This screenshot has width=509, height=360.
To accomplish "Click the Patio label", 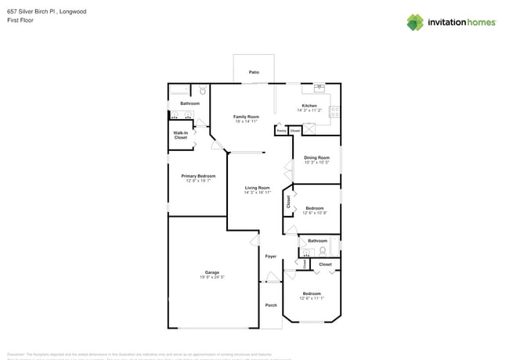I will tap(254, 72).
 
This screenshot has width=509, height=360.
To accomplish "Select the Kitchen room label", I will tap(309, 106).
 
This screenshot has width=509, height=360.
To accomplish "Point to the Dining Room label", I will tap(316, 158).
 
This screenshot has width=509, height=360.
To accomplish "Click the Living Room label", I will tap(257, 188).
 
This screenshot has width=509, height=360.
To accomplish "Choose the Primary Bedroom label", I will tap(198, 176).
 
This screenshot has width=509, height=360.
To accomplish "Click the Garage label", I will tap(211, 272).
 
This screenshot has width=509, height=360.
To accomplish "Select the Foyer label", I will tap(271, 257).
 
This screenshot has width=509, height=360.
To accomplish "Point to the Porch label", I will tap(271, 305).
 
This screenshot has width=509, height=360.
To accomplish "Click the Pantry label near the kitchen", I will tap(280, 130).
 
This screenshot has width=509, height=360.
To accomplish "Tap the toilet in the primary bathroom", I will tap(202, 91).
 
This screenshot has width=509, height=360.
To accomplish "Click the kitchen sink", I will tap(319, 88).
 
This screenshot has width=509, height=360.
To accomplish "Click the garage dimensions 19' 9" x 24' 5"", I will tap(211, 277).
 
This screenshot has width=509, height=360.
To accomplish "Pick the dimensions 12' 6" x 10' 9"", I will tap(314, 213).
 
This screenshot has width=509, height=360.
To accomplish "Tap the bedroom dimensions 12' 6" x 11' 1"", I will tap(312, 298).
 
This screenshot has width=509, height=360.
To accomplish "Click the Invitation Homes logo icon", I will tap(414, 23).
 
